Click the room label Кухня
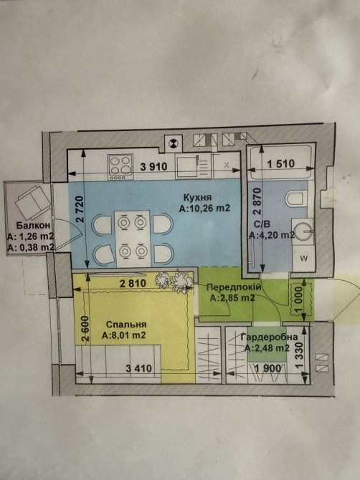(197, 196)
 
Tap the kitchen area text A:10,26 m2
(204, 208)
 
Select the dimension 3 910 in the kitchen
(153, 167)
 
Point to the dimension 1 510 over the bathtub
(280, 164)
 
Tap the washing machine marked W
(303, 258)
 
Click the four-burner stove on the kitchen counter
(120, 167)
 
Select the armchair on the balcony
(32, 202)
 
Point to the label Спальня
(126, 325)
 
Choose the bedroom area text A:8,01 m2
(124, 335)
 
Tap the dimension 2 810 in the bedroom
(133, 283)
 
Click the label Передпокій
(234, 287)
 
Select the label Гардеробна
(270, 337)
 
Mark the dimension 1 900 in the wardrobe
(268, 368)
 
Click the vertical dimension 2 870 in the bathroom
(257, 201)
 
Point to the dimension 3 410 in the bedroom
(139, 368)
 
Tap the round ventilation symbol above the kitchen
(173, 143)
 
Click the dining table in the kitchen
(133, 238)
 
